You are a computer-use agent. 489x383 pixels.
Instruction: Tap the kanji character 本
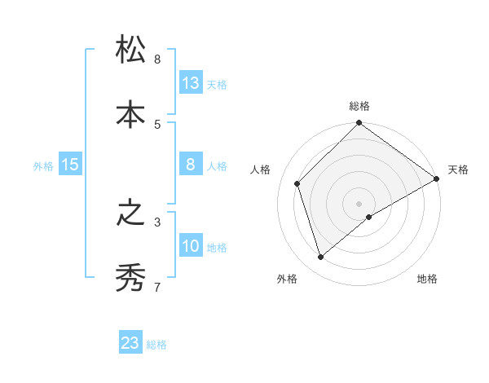pyautogui.click(x=130, y=115)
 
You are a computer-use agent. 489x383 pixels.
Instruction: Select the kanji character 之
pyautogui.click(x=130, y=214)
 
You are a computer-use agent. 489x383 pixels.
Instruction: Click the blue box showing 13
pyautogui.click(x=191, y=82)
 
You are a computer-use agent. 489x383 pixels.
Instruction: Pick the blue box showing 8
pyautogui.click(x=191, y=165)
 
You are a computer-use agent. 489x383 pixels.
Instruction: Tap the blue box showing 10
pyautogui.click(x=191, y=246)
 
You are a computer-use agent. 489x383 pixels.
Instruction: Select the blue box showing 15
pyautogui.click(x=70, y=165)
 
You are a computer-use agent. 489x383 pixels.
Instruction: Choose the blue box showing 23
pyautogui.click(x=130, y=343)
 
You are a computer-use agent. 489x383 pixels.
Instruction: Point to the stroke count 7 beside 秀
pyautogui.click(x=157, y=287)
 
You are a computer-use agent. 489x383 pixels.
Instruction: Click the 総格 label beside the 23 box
pyautogui.click(x=157, y=345)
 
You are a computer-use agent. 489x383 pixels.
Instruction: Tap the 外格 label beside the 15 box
pyautogui.click(x=43, y=166)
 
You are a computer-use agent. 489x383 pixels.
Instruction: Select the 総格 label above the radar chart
pyautogui.click(x=359, y=106)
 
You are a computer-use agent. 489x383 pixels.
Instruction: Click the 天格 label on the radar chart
pyautogui.click(x=458, y=169)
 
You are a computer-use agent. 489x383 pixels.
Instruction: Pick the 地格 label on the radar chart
pyautogui.click(x=427, y=279)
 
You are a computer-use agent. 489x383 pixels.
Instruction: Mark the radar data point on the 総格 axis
pyautogui.click(x=359, y=124)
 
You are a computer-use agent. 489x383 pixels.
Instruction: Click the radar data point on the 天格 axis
pyautogui.click(x=436, y=178)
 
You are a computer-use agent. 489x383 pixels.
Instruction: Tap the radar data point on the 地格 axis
pyautogui.click(x=369, y=217)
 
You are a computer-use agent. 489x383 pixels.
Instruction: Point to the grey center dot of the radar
pyautogui.click(x=359, y=203)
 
